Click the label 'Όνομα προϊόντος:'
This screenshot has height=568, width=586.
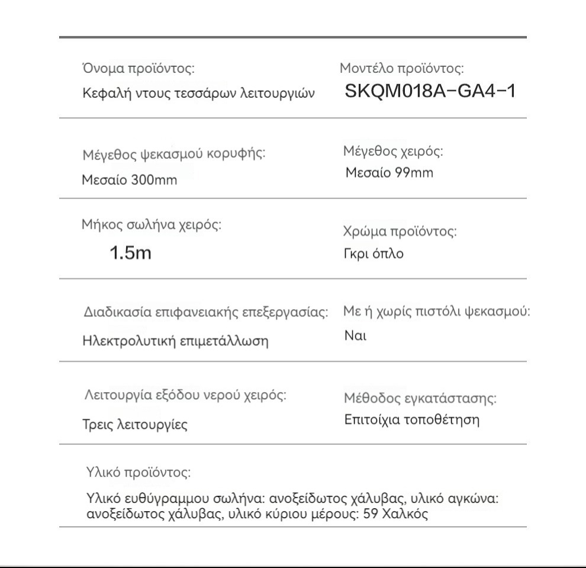138,69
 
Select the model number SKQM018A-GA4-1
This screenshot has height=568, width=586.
431,92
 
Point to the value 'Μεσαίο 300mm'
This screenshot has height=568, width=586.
129,180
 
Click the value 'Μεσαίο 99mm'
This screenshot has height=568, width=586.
389,173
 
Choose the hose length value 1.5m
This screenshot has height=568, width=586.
131,253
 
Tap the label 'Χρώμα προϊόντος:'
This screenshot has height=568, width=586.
400,232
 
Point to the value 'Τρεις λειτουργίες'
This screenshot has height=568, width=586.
134,425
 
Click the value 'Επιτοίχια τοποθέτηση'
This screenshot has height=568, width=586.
412,420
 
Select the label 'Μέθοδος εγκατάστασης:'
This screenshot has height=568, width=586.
420,399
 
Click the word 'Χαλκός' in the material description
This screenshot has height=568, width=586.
408,514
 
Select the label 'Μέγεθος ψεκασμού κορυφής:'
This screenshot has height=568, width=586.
173,155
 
